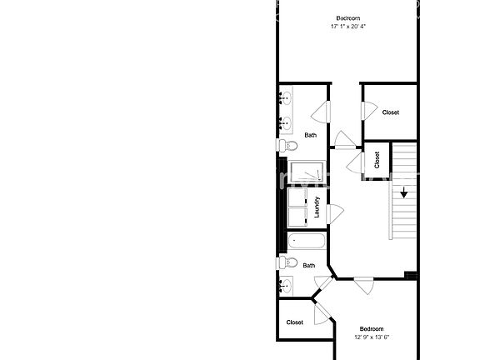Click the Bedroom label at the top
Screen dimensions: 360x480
(348, 18)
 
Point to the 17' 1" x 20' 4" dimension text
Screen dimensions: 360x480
(348, 27)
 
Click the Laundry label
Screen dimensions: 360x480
(317, 207)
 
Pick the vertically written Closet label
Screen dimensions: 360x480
(377, 160)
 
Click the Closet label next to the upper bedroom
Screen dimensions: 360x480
(390, 112)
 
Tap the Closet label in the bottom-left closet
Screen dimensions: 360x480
(295, 322)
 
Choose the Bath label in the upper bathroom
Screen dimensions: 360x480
(310, 135)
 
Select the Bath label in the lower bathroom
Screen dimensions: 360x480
(309, 266)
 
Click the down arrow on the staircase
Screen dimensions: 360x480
(403, 193)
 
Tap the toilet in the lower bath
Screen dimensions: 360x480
(288, 263)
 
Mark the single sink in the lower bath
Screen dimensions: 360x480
(287, 287)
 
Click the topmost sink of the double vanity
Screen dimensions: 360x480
(286, 102)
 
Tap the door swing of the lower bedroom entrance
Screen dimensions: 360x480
(364, 285)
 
